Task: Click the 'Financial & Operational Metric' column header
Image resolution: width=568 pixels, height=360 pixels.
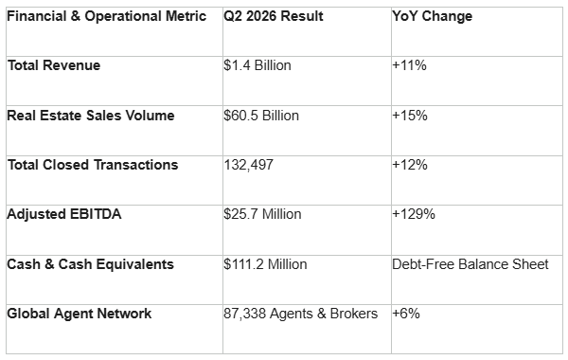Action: tap(106, 16)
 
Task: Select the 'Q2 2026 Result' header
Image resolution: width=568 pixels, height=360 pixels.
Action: tap(274, 16)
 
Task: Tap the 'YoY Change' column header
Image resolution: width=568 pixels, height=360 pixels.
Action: tap(433, 16)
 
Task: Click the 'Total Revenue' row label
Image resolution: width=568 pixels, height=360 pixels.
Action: tap(54, 65)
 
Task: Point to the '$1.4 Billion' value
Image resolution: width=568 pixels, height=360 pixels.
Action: tap(257, 65)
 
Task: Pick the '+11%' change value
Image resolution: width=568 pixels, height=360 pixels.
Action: tap(409, 65)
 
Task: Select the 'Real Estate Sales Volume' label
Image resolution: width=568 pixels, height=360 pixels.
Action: tap(91, 116)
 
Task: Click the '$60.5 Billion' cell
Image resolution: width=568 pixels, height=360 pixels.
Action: tap(261, 116)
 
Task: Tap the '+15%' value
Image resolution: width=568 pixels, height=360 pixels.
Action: tap(410, 116)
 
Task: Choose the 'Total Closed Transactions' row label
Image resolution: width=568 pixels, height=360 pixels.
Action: tap(93, 165)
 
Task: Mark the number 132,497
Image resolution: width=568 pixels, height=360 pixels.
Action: tap(248, 165)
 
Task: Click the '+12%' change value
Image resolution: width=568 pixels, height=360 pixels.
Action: tap(410, 165)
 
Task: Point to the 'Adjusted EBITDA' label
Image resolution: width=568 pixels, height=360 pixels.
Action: tap(64, 214)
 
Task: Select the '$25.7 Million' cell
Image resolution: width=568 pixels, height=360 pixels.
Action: tap(262, 214)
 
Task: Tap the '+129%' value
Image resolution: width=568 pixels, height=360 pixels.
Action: tap(414, 214)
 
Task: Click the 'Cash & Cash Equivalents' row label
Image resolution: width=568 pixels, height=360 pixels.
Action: tap(91, 264)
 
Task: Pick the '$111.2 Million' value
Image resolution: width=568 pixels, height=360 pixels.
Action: tap(265, 264)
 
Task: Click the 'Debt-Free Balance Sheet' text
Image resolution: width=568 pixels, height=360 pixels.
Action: tap(470, 264)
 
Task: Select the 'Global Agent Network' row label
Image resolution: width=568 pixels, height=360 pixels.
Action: tap(80, 314)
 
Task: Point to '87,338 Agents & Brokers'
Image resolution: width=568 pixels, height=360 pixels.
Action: tap(301, 314)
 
